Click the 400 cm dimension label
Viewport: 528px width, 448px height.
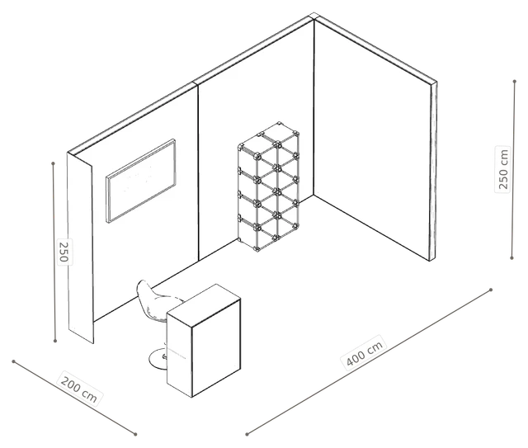(x=365, y=352)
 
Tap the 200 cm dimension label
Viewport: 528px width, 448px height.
(x=79, y=389)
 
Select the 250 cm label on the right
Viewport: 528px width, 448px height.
(x=503, y=169)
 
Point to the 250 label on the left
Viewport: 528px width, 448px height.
(x=64, y=252)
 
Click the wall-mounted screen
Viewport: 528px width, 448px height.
(x=141, y=181)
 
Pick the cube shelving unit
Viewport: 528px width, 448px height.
(x=268, y=187)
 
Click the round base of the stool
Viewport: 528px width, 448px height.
(x=158, y=358)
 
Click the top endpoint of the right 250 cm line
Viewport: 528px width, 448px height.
(x=515, y=82)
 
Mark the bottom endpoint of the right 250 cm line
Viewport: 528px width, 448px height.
(x=511, y=258)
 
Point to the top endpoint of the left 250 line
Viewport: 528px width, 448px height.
(x=53, y=163)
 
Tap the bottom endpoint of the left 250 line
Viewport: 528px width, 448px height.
(x=55, y=342)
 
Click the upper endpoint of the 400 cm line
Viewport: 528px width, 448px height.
(x=491, y=290)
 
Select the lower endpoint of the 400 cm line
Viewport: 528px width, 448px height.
(x=247, y=434)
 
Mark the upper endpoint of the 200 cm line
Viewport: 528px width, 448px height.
(x=13, y=361)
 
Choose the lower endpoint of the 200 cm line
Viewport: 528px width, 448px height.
(x=135, y=434)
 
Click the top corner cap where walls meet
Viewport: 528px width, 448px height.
(x=314, y=16)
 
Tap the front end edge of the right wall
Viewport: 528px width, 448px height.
(x=433, y=171)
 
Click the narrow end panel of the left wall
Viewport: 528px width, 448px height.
(x=80, y=248)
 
